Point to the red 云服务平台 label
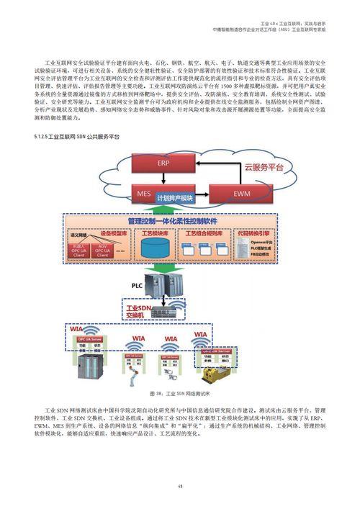tap(264, 166)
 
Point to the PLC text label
tap(138, 285)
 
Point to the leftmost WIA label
tap(81, 332)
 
